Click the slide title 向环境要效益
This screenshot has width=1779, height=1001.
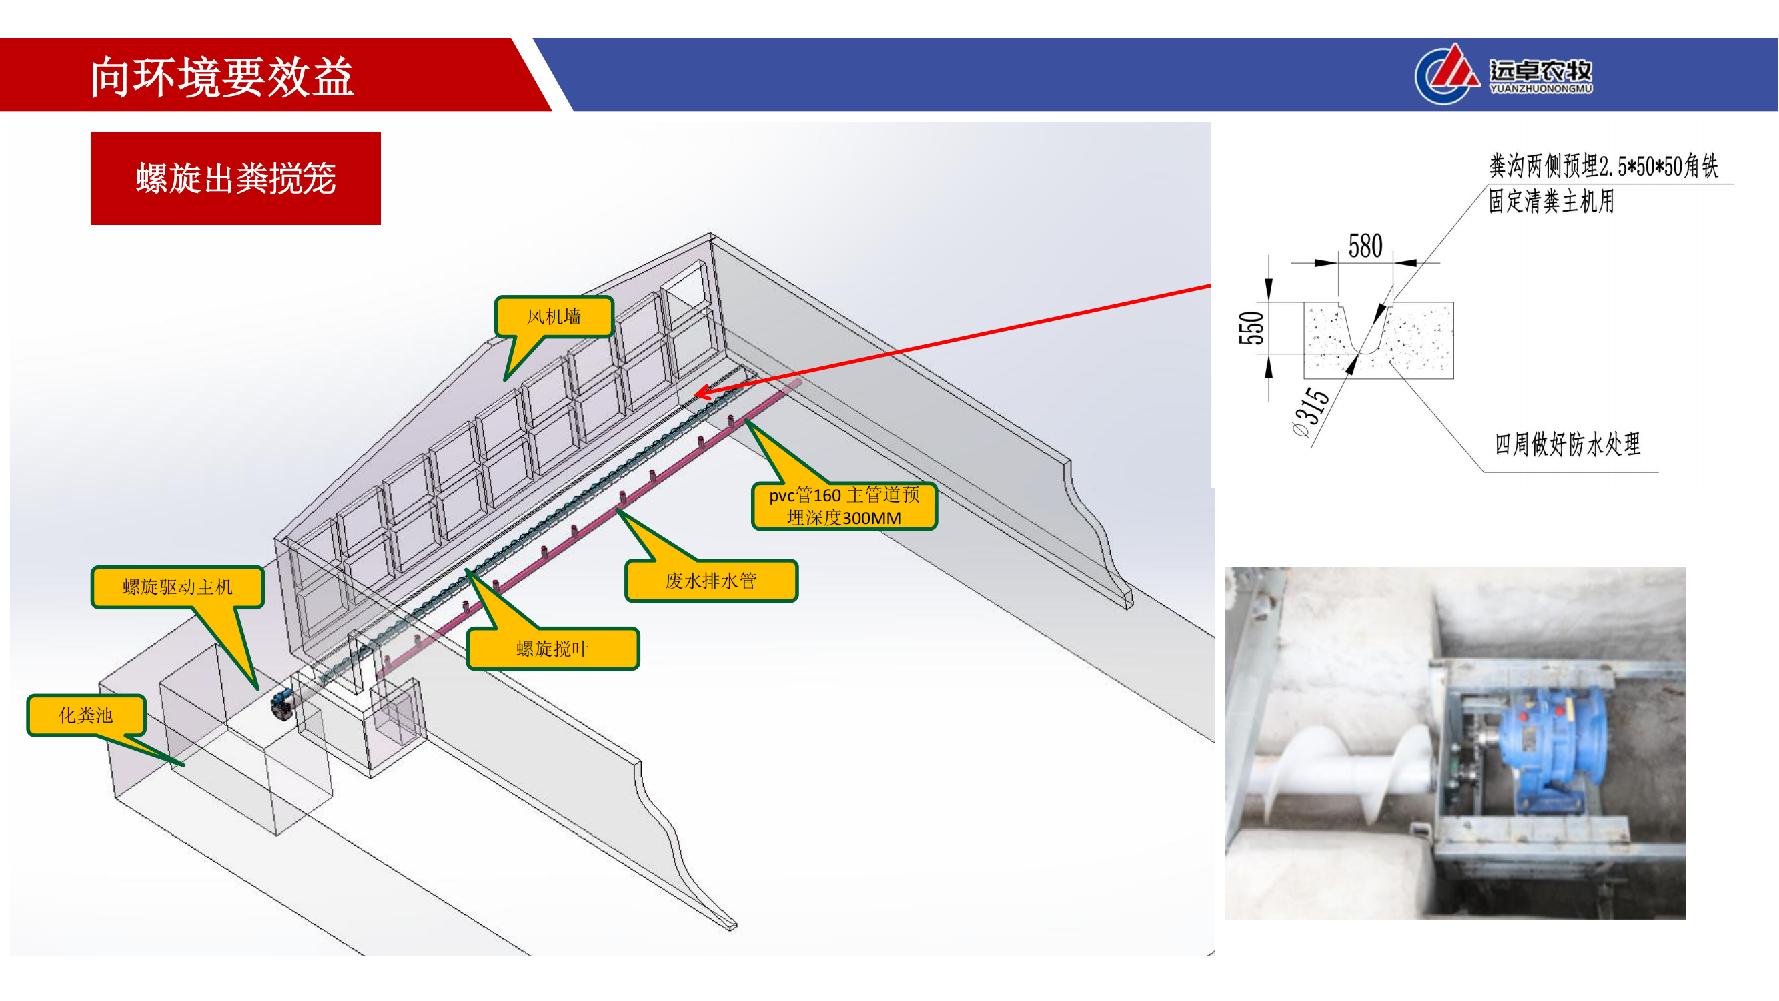(x=221, y=77)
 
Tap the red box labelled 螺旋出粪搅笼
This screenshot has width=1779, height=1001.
(x=235, y=178)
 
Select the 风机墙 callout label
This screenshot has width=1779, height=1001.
(x=554, y=316)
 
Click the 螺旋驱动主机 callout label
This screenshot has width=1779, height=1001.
(x=177, y=587)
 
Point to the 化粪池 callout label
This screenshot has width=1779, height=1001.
(x=85, y=715)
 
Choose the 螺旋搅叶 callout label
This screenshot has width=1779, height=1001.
(x=552, y=649)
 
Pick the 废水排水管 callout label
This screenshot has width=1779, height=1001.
(x=711, y=581)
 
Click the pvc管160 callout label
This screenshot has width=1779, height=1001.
(x=844, y=507)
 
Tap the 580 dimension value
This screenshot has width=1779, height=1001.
(x=1365, y=246)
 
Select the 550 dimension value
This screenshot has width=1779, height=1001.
(x=1251, y=328)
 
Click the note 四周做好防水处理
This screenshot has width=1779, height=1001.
(x=1567, y=444)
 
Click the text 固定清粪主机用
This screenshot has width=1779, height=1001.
(x=1551, y=201)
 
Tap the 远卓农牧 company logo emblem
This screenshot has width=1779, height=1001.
(x=1447, y=74)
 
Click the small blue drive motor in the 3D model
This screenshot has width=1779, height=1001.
(x=282, y=705)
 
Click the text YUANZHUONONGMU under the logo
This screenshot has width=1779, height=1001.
(x=1541, y=89)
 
